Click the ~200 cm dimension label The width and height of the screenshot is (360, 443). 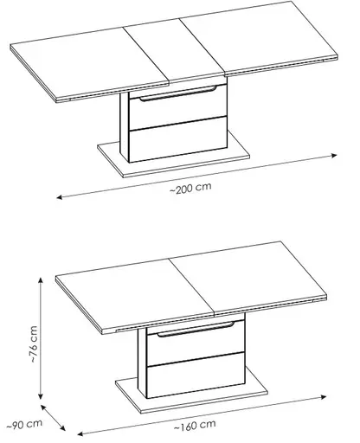point(190,188)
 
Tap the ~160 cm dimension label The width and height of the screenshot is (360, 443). point(195,425)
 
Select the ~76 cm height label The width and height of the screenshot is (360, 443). point(34,344)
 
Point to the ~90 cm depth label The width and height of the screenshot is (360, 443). point(24,425)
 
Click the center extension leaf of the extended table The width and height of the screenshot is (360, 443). point(175,51)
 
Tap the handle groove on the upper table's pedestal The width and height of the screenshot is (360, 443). point(178,93)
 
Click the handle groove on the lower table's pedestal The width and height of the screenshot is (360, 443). point(196,329)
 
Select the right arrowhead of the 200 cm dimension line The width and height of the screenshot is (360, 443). point(334,156)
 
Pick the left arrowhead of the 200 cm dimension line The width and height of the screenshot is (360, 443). point(60,197)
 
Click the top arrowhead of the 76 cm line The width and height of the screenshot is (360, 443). point(41,280)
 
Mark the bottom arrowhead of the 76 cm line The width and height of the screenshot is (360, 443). point(41,396)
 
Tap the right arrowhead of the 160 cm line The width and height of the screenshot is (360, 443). point(324,397)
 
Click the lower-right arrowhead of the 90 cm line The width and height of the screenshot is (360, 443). point(62,427)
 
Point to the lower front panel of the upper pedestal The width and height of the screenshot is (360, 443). point(178,139)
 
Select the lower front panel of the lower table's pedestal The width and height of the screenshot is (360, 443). point(196,375)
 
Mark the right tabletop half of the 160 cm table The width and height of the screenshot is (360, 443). point(248,278)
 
